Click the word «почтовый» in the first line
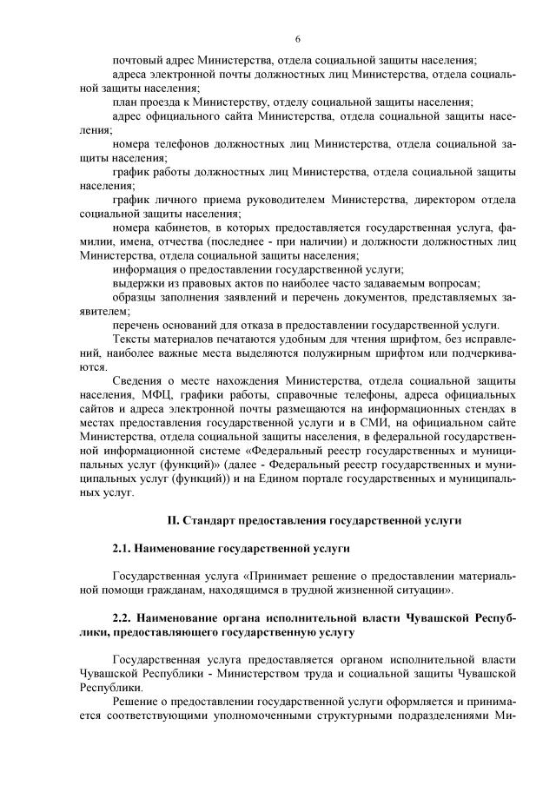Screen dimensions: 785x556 pyautogui.click(x=138, y=60)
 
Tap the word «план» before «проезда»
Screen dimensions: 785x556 pyautogui.click(x=126, y=101)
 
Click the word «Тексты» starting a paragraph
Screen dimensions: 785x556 pyautogui.click(x=134, y=339)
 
